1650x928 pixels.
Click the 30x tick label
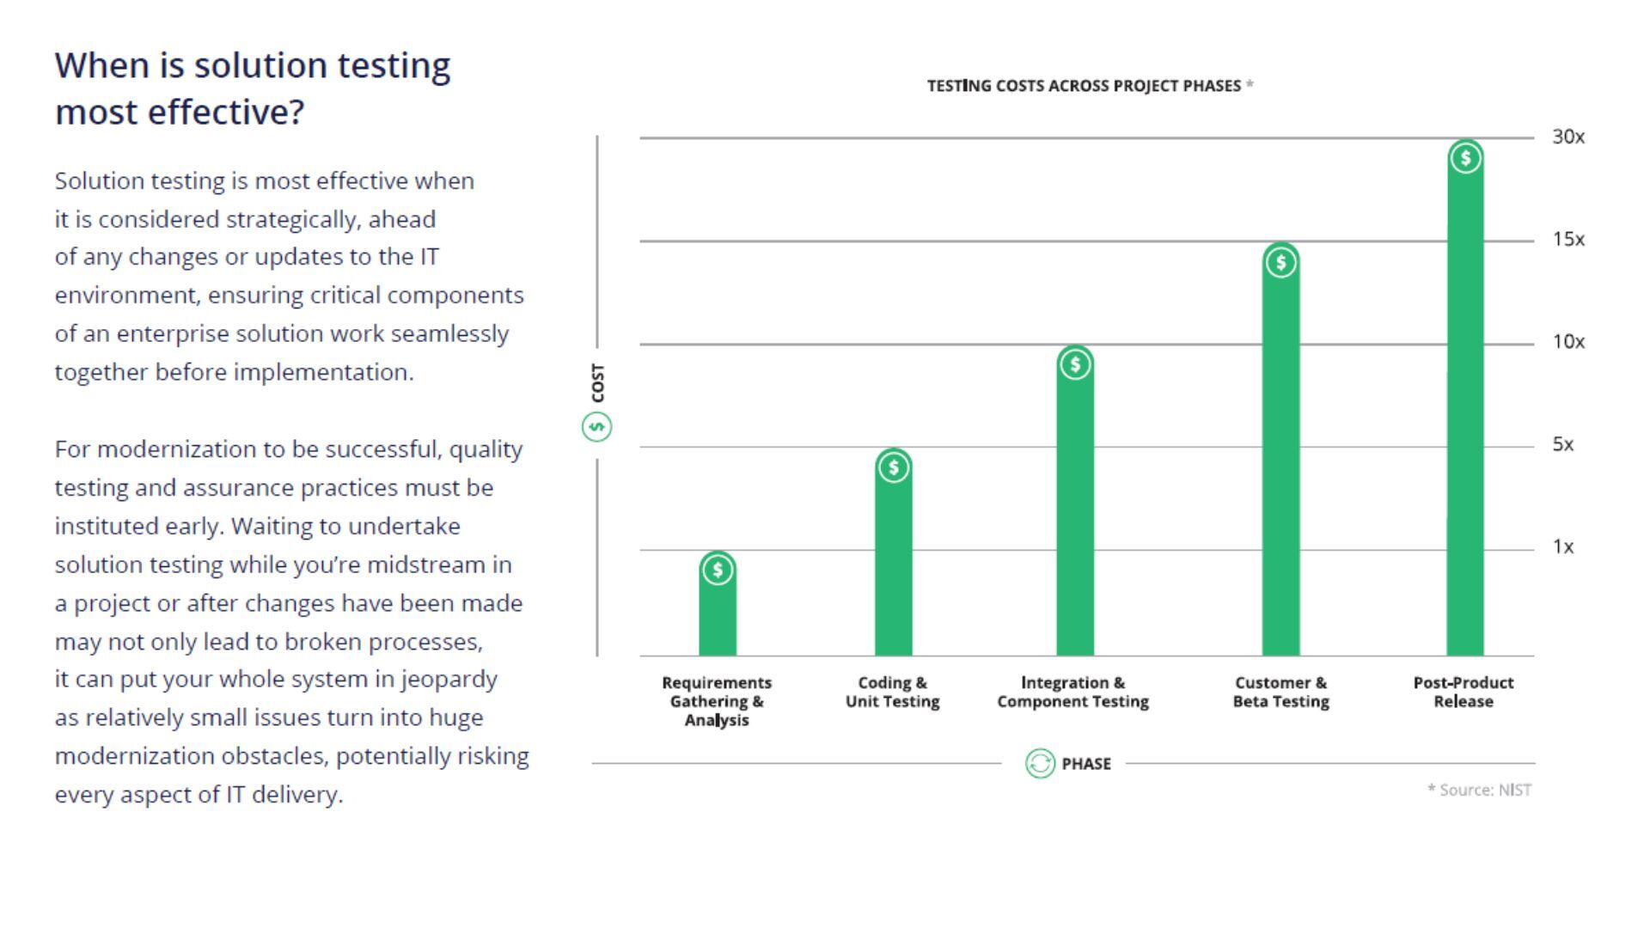(x=1567, y=137)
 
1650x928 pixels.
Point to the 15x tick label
(x=1567, y=240)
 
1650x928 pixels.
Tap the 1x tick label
(x=1562, y=546)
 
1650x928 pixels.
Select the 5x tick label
(x=1562, y=444)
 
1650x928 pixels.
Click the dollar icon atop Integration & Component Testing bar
(x=1075, y=364)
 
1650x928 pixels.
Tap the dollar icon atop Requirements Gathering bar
(x=718, y=570)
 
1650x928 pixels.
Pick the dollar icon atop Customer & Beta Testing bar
(x=1280, y=262)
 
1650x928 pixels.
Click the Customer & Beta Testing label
(x=1280, y=692)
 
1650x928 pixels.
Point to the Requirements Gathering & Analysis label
(x=717, y=701)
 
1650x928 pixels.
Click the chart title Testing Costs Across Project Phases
(x=1084, y=86)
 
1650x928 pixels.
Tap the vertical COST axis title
(x=598, y=382)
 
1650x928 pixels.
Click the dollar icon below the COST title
(x=597, y=426)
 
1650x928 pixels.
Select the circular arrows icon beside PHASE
(x=1040, y=763)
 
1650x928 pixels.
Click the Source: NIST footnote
(x=1479, y=790)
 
